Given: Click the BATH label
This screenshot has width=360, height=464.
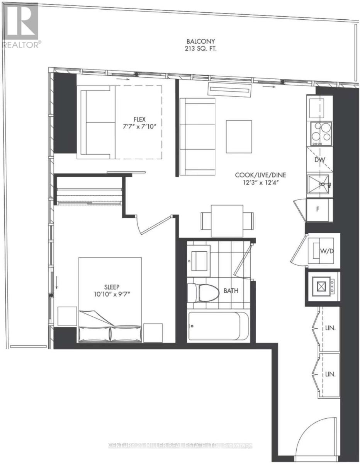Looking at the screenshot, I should tap(231, 290).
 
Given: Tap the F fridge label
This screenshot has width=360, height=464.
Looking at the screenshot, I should tap(318, 210).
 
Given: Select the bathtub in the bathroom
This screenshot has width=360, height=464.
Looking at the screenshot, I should tap(219, 326).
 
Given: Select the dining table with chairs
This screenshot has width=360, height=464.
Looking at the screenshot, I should tap(227, 220).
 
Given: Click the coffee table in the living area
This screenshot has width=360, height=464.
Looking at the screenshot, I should tap(239, 136).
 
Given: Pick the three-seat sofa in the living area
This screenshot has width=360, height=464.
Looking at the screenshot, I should tap(198, 136).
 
